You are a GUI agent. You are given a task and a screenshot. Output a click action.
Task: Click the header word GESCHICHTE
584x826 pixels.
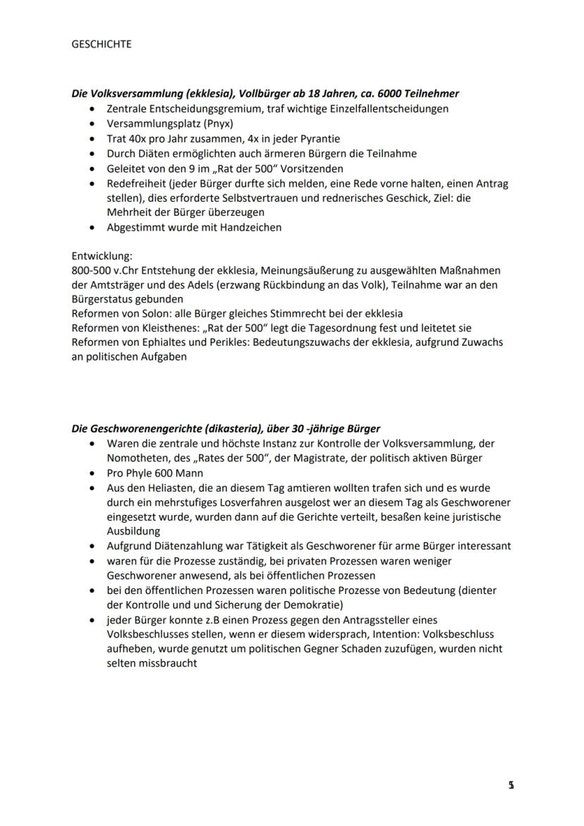(102, 44)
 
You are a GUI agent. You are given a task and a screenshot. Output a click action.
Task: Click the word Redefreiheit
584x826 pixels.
(135, 183)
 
